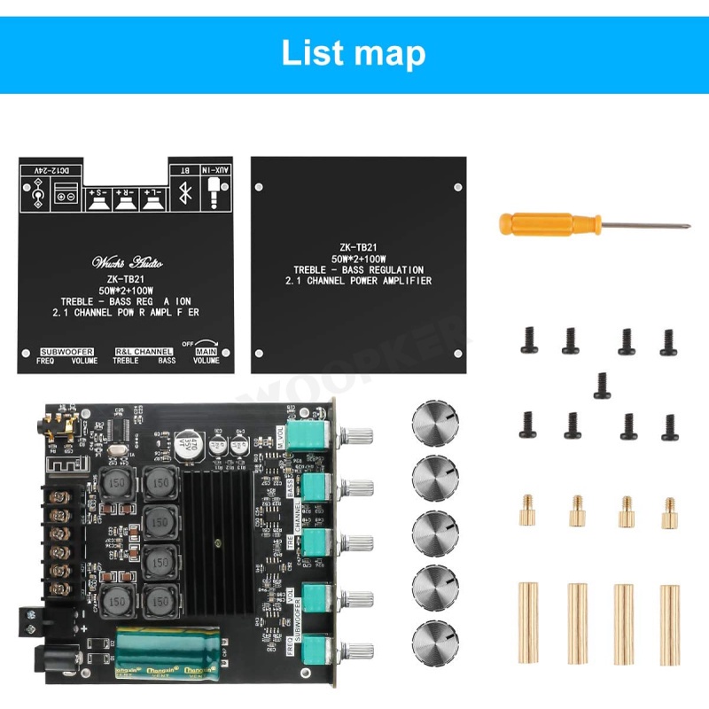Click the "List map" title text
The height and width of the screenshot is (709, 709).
(353, 52)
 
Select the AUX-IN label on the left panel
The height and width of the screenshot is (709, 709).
(217, 168)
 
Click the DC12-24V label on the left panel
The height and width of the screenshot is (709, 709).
(57, 168)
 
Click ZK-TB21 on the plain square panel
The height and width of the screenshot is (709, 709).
(354, 247)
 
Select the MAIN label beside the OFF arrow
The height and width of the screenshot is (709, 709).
(206, 352)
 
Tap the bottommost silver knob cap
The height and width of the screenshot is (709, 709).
(434, 640)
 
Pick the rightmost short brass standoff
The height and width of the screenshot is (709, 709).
(668, 512)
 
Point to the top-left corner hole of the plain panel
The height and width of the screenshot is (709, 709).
(261, 186)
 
